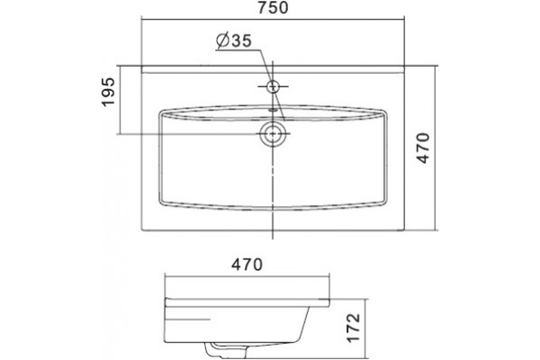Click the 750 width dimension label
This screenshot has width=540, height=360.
click(x=273, y=8)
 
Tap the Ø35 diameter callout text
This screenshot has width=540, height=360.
click(x=234, y=40)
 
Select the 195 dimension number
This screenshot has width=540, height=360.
click(x=108, y=92)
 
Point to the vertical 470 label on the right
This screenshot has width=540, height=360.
click(x=423, y=148)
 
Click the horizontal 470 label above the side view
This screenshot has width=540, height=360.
click(x=247, y=265)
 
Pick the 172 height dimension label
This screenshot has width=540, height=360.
click(x=354, y=328)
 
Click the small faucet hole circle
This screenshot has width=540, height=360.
click(x=273, y=86)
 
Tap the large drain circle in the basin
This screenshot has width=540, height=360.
click(x=273, y=133)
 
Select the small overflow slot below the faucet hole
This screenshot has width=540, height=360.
click(x=273, y=111)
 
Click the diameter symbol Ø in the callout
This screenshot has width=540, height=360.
click(x=223, y=40)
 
